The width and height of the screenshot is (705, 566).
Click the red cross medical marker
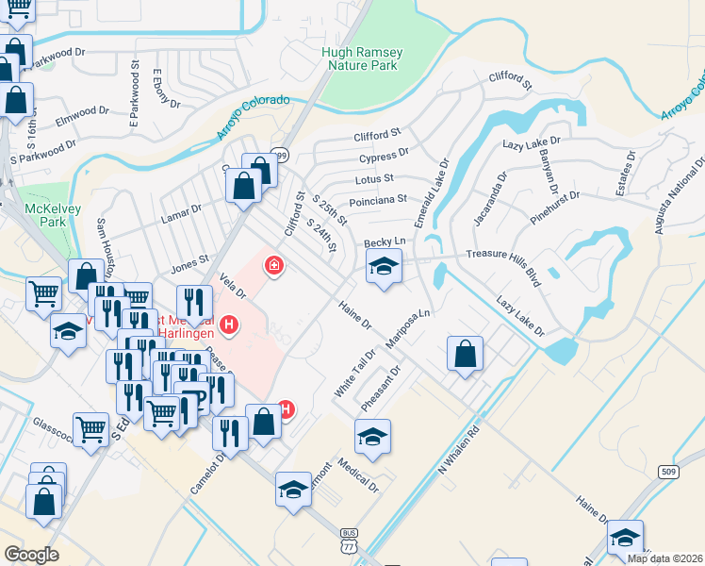click(274, 267)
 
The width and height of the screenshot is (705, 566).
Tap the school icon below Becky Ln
click(384, 268)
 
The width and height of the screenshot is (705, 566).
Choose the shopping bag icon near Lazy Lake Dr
click(466, 355)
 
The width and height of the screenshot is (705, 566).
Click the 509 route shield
click(667, 473)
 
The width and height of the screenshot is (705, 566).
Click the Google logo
click(31, 555)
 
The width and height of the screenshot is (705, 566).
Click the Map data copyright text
click(664, 558)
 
